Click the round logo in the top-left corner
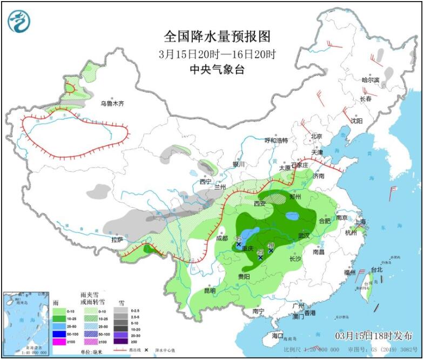19,21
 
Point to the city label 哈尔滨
371,80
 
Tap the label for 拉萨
117,239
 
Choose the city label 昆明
210,290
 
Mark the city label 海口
278,336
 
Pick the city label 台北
376,269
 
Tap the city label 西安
260,204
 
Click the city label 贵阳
244,276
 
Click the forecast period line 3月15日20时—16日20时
217,54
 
